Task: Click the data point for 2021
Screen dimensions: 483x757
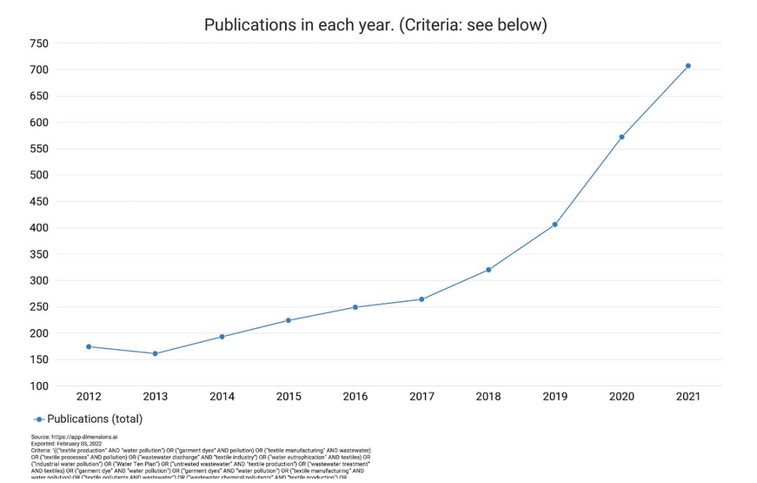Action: coord(687,66)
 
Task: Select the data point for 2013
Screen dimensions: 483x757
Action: coord(155,353)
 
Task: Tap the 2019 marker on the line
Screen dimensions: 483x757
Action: coord(554,225)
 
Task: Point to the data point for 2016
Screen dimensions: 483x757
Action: coord(355,307)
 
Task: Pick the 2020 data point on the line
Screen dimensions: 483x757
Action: coord(621,137)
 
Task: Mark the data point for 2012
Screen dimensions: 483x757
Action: coord(89,346)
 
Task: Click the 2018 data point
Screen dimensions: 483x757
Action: coord(488,270)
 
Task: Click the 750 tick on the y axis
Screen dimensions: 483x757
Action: coord(38,44)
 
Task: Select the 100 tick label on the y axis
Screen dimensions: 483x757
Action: coord(38,386)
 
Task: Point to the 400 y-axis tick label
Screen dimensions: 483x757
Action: coord(38,228)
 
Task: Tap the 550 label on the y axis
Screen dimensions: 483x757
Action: coord(38,149)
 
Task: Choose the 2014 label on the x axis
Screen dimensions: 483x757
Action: coord(222,397)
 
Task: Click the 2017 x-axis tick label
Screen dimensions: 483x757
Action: coord(422,397)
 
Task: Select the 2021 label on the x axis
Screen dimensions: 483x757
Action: coord(687,397)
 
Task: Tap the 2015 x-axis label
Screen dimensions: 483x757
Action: coord(289,397)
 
